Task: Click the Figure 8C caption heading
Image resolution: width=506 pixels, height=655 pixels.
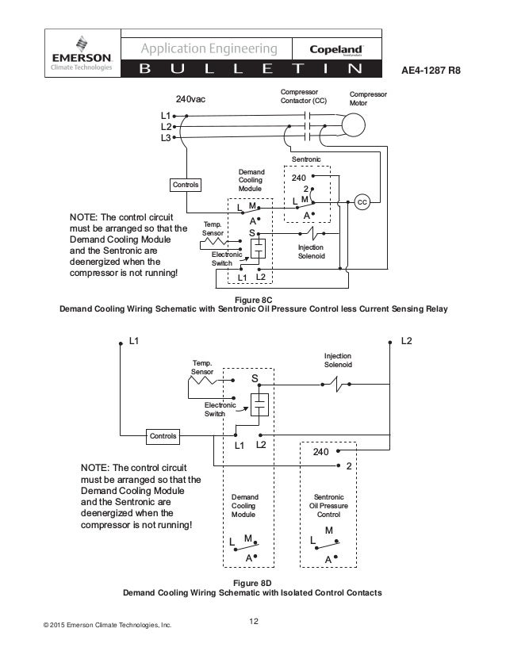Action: (254, 300)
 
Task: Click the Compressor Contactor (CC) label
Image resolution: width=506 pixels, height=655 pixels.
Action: (304, 97)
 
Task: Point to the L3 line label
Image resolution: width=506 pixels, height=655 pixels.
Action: (165, 138)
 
